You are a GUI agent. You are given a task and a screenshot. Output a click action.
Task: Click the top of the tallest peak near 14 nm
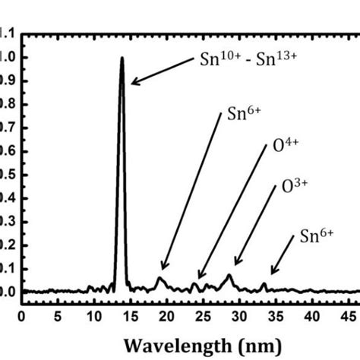click(122, 58)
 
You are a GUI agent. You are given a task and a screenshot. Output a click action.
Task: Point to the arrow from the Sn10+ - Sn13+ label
click(157, 69)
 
